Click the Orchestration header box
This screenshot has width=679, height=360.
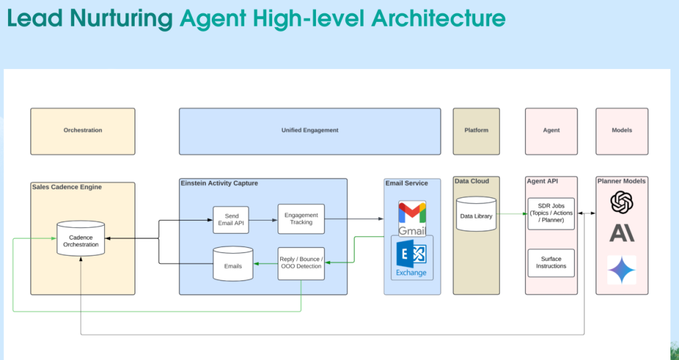(83, 131)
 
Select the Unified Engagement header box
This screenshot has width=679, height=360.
(309, 131)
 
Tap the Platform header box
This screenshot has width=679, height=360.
(476, 131)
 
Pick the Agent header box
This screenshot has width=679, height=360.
(551, 131)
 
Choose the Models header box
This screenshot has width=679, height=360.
(621, 131)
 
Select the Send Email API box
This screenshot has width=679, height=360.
(230, 219)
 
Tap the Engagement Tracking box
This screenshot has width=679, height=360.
(301, 219)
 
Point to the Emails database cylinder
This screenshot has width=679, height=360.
(232, 264)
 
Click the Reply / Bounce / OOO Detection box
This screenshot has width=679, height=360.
(301, 263)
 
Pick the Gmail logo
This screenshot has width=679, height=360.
(412, 218)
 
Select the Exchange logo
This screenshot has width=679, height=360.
(412, 258)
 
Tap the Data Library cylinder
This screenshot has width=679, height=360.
(476, 215)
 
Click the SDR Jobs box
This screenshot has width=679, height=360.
(551, 213)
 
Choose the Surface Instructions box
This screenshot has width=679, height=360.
(551, 263)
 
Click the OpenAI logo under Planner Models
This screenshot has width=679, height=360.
(622, 203)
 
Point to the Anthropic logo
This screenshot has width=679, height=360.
(622, 232)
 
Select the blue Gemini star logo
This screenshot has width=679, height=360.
(622, 270)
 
